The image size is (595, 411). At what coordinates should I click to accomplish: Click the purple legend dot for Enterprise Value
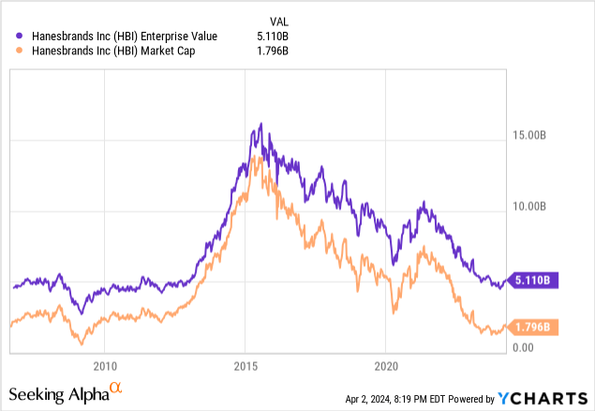[22, 36]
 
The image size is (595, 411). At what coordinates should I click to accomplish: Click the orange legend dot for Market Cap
[22, 52]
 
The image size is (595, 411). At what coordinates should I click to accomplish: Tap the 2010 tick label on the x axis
[105, 364]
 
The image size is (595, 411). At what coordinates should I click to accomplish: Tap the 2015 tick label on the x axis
[246, 364]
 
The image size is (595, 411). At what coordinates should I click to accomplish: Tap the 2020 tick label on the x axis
[388, 364]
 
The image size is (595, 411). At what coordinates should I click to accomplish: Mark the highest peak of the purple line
[260, 124]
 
